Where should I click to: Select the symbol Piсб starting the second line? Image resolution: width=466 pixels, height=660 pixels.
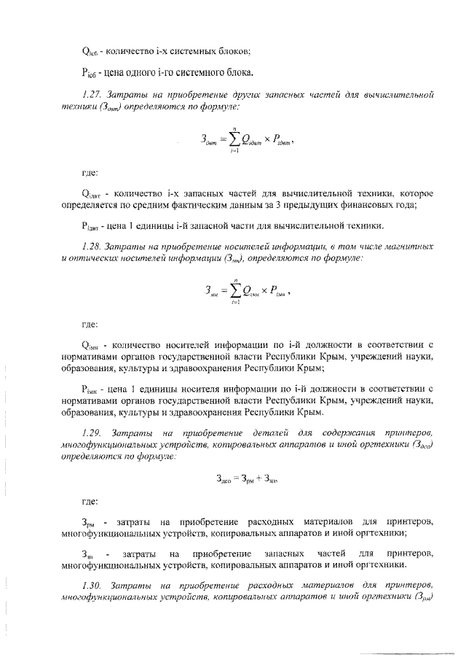[87, 73]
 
